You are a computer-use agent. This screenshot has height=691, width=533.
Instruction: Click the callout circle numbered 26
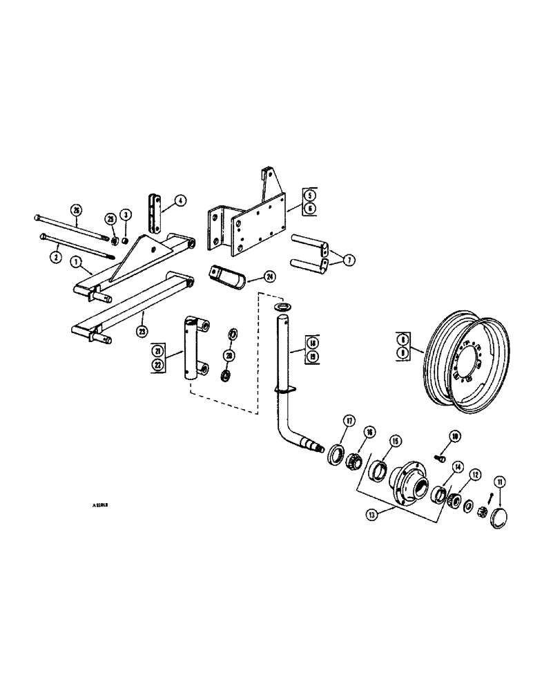(x=76, y=211)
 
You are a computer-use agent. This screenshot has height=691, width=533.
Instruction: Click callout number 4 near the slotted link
(x=180, y=201)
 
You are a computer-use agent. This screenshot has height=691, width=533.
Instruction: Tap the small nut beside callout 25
(x=115, y=240)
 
